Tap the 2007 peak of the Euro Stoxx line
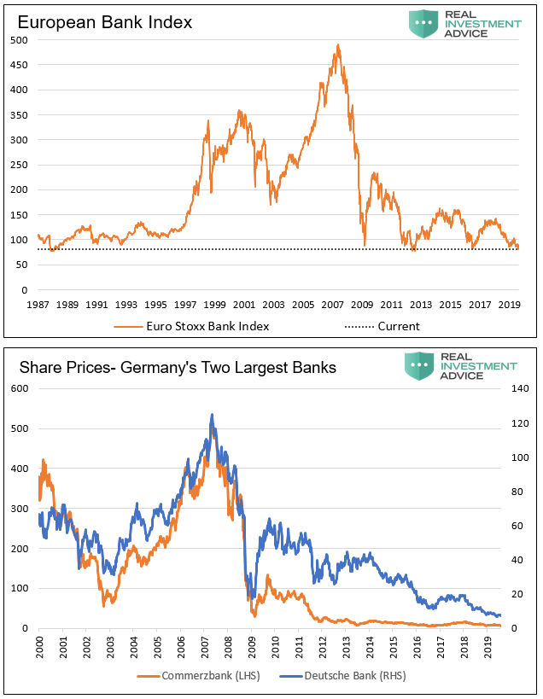pyautogui.click(x=338, y=45)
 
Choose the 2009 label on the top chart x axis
pyautogui.click(x=363, y=305)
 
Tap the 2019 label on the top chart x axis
pyautogui.click(x=509, y=305)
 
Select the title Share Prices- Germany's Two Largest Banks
pyautogui.click(x=178, y=368)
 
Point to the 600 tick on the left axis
pyautogui.click(x=19, y=389)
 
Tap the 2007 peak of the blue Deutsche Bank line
pyautogui.click(x=212, y=416)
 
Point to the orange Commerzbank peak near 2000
pyautogui.click(x=43, y=460)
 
